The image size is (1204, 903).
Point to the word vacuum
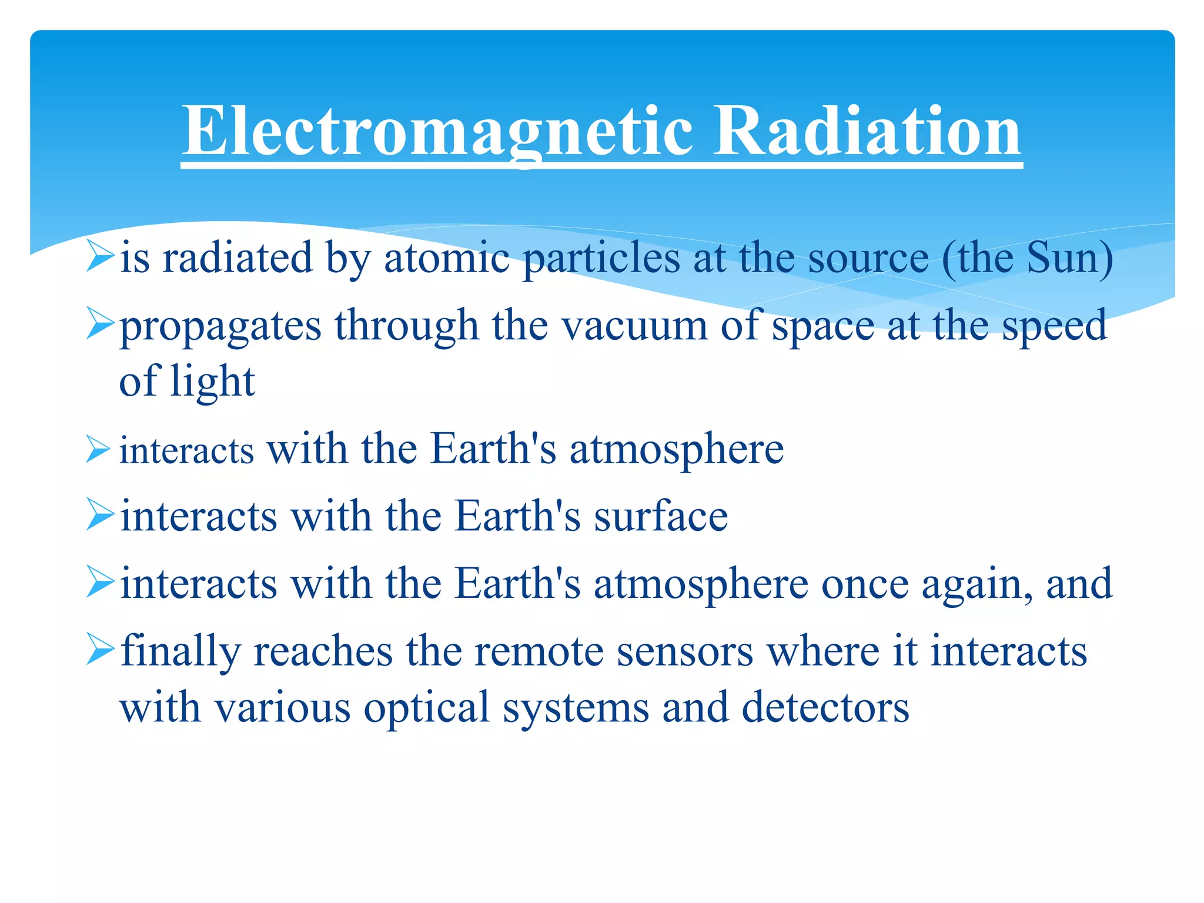point(634,325)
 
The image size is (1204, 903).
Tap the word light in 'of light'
point(212,382)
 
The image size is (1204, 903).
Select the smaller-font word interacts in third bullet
point(186,451)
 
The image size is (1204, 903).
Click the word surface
point(661,516)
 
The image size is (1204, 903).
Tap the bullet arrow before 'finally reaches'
point(98,650)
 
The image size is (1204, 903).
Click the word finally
point(180,651)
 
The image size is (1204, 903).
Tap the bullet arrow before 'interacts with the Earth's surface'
point(98,514)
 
